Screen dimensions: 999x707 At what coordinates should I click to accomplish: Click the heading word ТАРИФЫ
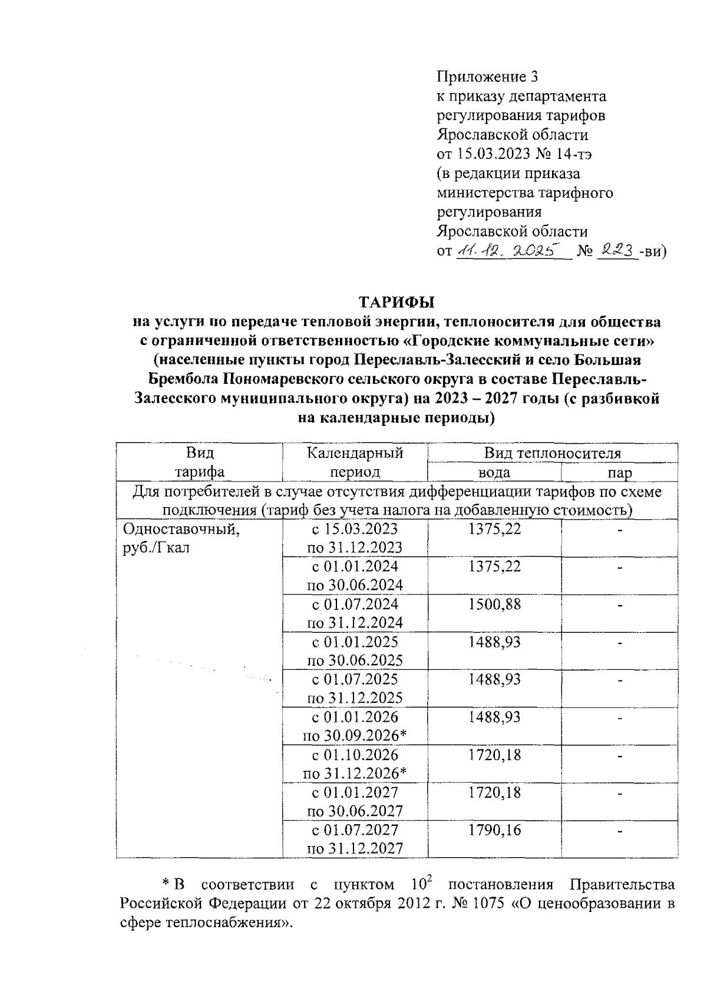397,303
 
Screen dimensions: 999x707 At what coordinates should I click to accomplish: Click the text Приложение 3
487,77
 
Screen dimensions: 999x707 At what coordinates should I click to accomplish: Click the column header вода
494,473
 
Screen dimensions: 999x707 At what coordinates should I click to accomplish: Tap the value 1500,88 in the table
494,604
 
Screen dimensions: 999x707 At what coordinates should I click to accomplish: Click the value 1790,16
494,830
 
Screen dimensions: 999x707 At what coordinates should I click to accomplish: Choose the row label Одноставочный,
181,529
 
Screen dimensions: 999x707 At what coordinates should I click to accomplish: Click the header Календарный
355,453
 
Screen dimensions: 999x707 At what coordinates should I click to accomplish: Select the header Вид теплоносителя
552,453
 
